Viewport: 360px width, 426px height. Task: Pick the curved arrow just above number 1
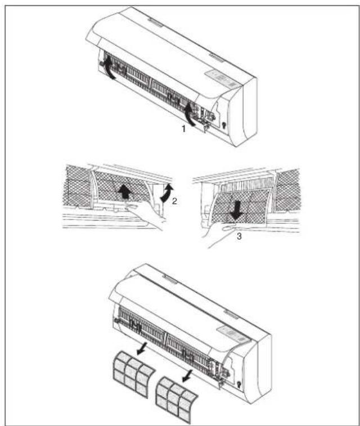[193, 113]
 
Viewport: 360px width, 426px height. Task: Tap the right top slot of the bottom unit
[229, 311]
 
